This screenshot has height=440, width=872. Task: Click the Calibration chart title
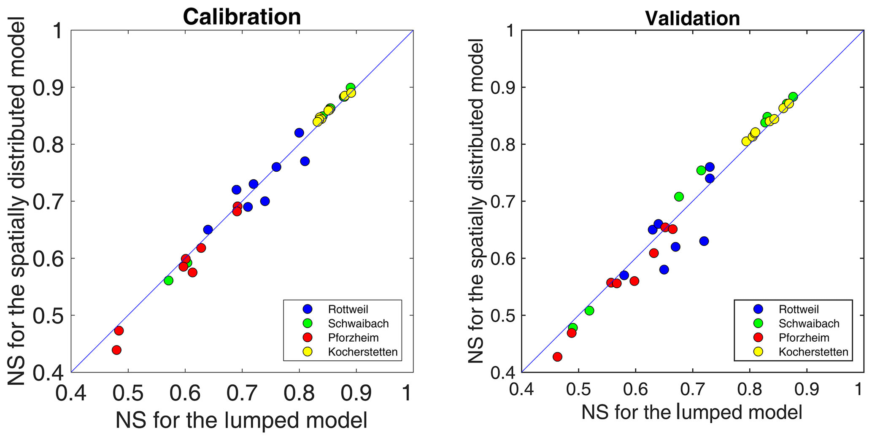click(242, 17)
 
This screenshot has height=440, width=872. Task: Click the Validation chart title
click(692, 18)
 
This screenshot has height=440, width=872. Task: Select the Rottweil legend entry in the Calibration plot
click(348, 309)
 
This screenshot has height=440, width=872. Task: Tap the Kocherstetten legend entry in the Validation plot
click(813, 352)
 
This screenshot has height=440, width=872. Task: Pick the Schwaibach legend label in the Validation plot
click(809, 324)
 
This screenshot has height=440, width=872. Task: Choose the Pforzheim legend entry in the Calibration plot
click(353, 337)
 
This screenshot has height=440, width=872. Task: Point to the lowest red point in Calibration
click(117, 350)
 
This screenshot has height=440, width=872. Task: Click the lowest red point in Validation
click(557, 357)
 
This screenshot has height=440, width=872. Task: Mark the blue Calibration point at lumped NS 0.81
click(305, 161)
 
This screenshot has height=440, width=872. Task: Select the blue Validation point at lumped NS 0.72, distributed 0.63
click(704, 241)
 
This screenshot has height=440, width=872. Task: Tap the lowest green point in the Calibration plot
click(169, 281)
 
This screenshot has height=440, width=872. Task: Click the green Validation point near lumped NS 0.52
click(589, 310)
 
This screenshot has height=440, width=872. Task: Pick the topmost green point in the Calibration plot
click(351, 88)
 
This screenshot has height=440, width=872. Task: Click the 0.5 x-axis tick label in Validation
click(578, 388)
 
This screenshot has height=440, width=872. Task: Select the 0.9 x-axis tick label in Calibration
click(356, 393)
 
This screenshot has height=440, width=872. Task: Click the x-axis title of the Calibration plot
click(241, 420)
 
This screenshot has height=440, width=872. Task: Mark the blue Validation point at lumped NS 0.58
click(624, 275)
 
